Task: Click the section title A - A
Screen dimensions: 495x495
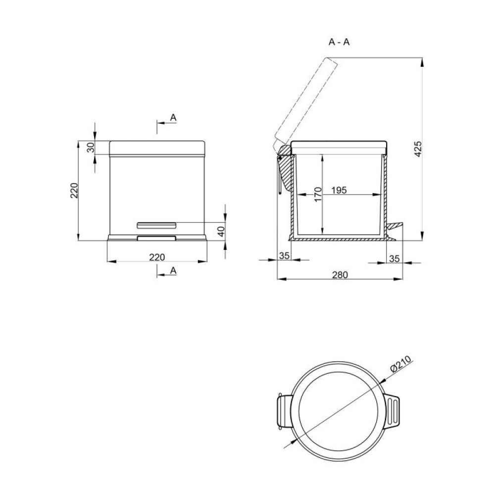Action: (339, 42)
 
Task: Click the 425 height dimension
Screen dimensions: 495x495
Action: (418, 149)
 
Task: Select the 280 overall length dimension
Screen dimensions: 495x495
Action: (340, 275)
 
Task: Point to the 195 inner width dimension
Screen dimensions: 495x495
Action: (339, 191)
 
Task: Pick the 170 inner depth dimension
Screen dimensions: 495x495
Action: (318, 194)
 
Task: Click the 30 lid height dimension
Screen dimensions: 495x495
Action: (91, 148)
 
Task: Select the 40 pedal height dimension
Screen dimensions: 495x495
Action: (222, 231)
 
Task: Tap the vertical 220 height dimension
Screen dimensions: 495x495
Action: (74, 191)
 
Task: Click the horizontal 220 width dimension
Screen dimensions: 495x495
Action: (157, 257)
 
